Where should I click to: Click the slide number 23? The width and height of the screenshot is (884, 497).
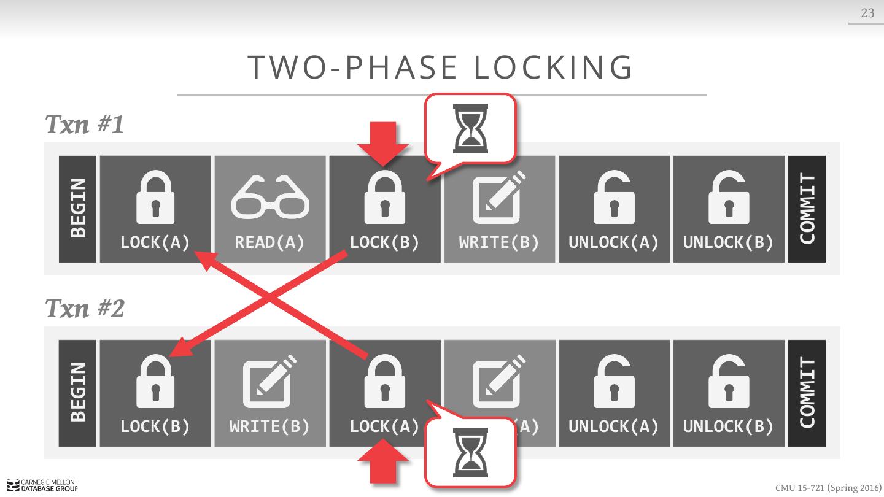coord(867,13)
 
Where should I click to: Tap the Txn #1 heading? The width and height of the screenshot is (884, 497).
coord(85,125)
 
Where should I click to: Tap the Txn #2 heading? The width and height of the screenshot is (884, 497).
coord(85,308)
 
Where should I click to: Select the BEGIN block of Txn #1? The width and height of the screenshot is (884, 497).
coord(78,209)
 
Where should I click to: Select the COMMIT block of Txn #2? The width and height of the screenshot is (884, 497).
coord(807,393)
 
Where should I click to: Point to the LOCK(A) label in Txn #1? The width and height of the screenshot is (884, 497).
coord(155,243)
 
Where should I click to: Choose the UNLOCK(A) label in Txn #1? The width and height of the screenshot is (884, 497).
coord(613,243)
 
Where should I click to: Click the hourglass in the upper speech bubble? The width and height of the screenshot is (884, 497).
coord(470,129)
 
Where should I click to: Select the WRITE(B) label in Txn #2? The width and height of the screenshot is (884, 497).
coord(269,426)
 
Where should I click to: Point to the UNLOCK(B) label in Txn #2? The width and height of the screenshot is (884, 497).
coord(728,426)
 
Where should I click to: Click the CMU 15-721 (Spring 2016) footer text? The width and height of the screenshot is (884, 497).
coord(828,488)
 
